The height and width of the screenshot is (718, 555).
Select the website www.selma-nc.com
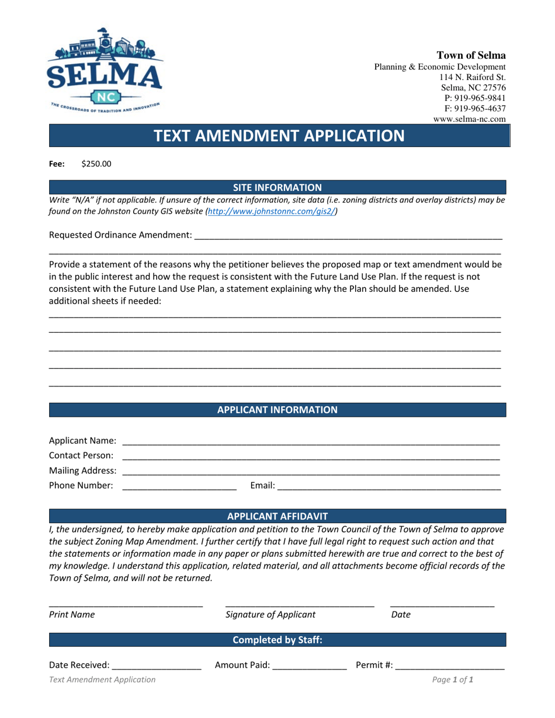coord(469,119)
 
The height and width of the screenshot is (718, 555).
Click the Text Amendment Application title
coord(278,135)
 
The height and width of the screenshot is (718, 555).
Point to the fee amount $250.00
coord(96,164)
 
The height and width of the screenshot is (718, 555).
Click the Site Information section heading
coord(277,187)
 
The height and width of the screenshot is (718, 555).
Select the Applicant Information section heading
coord(277,410)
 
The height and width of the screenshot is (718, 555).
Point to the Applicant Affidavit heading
coord(277,516)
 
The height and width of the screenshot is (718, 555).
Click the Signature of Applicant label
coord(270,614)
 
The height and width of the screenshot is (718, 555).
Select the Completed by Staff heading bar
coord(277,640)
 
